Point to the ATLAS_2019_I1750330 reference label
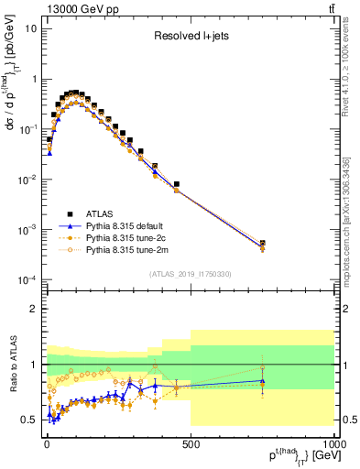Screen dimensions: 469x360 (190, 272)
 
